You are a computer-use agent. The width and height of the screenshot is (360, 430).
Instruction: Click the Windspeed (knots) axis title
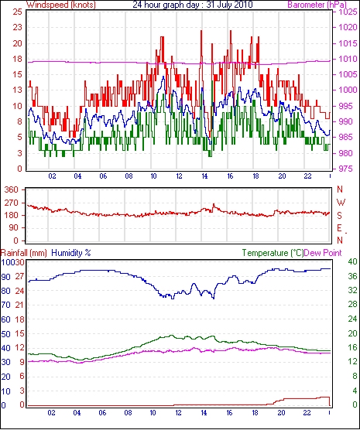pos(61,5)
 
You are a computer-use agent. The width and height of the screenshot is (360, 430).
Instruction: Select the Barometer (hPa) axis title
pos(317,5)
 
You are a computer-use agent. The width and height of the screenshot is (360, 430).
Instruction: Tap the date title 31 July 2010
pos(229,5)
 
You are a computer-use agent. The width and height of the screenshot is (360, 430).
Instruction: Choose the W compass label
pos(341,203)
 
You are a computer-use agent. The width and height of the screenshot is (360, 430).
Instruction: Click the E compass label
pos(340,228)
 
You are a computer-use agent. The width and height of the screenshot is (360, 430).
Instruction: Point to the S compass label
pos(340,216)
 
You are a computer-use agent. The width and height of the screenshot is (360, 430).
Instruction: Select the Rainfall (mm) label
pos(24,253)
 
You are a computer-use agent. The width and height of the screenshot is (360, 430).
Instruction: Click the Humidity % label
pos(71,253)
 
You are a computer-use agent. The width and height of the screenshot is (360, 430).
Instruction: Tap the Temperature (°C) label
pos(273,253)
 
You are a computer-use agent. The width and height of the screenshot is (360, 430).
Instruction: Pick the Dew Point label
pos(323,253)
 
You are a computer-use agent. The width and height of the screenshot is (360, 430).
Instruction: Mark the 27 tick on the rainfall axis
pos(19,276)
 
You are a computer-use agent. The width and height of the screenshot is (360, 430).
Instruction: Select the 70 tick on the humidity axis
pos(5,305)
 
